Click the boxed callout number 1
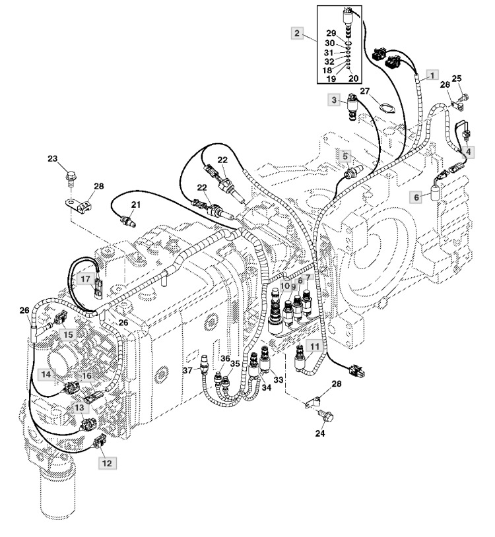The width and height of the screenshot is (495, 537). tap(432, 75)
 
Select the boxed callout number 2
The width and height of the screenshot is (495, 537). tap(297, 33)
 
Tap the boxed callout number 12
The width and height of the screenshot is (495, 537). tap(107, 463)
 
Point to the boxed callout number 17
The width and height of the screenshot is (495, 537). tap(85, 279)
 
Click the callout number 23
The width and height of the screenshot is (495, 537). tap(52, 159)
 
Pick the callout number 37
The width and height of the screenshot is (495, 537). tap(187, 371)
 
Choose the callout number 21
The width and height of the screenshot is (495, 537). tap(136, 205)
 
